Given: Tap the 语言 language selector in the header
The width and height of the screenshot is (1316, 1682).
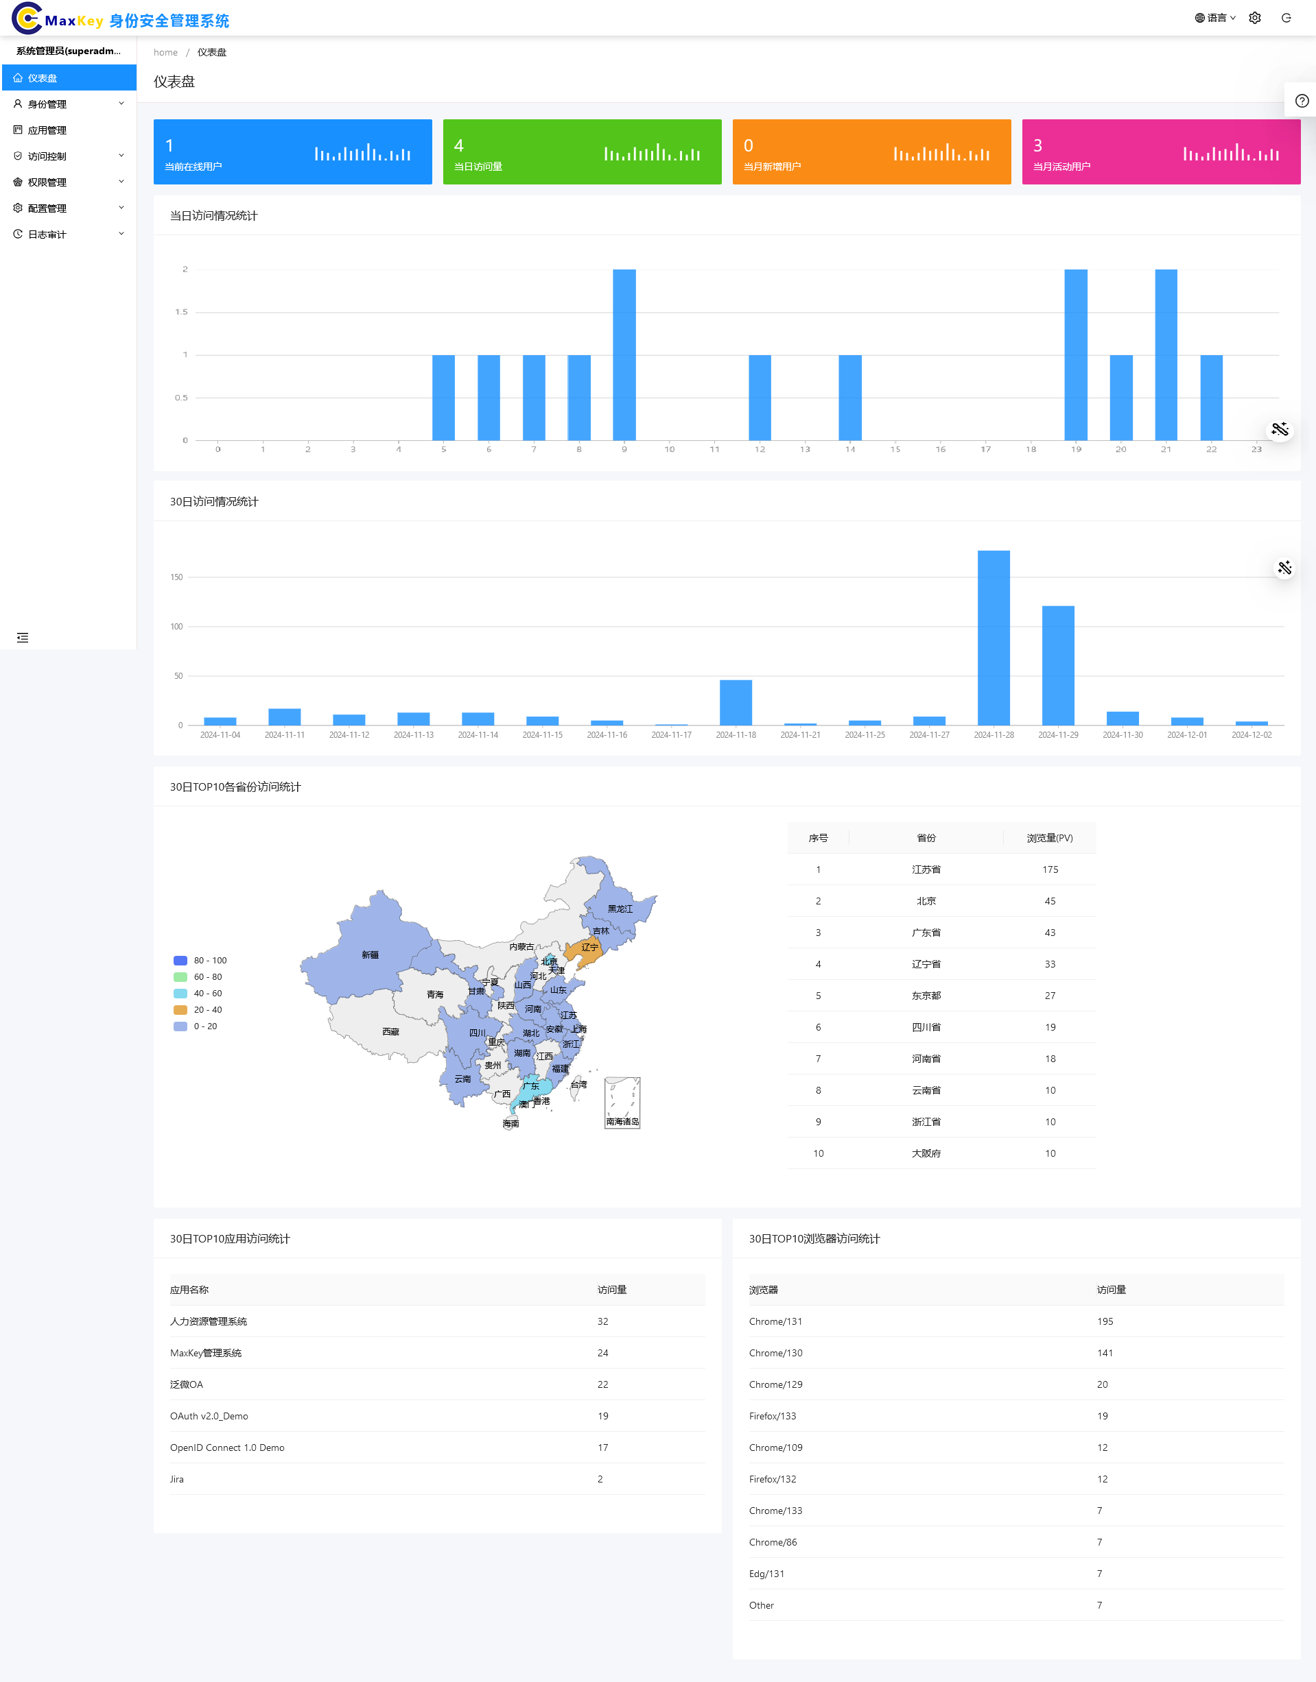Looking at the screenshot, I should (1215, 19).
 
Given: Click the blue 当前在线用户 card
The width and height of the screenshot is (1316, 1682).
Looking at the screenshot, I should (292, 152).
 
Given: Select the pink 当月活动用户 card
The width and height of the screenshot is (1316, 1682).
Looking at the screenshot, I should (1160, 152).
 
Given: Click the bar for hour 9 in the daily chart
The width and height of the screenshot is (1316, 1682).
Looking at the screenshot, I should (624, 355).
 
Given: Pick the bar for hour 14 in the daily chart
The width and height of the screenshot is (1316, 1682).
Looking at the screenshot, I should (850, 398).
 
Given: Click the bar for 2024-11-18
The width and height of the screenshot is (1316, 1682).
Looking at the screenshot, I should (736, 702).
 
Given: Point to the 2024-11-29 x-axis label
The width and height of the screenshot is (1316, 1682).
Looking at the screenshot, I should (1058, 736).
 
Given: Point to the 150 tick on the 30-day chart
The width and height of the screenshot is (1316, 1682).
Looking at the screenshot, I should (176, 577).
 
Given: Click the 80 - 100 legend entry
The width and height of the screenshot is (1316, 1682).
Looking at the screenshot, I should (202, 961).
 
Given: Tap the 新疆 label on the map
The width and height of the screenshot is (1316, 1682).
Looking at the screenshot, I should (370, 955).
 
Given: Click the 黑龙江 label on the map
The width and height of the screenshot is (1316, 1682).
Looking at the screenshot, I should (620, 909).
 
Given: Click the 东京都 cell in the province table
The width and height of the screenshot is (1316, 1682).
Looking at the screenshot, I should (926, 996).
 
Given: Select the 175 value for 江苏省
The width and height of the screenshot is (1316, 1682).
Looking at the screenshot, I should (1050, 869).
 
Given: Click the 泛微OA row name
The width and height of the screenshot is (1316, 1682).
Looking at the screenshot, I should (187, 1384).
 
